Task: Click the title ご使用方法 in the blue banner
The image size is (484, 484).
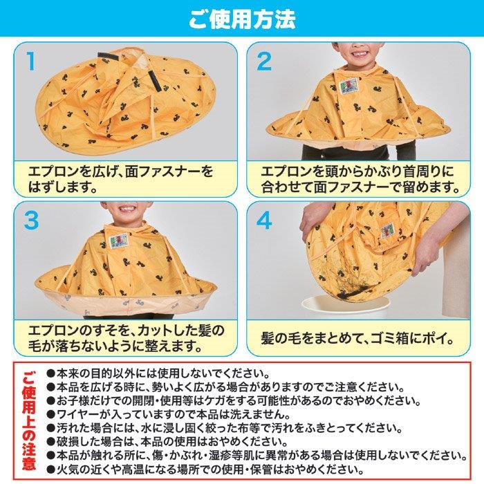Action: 242,19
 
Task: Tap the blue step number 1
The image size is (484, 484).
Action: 31,61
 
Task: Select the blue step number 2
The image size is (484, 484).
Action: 264,61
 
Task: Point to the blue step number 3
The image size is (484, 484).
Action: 31,220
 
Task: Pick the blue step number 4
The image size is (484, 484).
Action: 264,220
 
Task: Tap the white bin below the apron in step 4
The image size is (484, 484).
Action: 344,307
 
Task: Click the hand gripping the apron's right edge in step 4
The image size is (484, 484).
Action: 425,254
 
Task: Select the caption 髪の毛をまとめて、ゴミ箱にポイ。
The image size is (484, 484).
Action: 358,339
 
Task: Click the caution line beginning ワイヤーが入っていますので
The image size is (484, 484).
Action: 169,414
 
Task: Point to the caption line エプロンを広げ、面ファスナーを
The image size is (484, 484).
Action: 121,171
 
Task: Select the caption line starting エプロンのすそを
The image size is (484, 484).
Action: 126,331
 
